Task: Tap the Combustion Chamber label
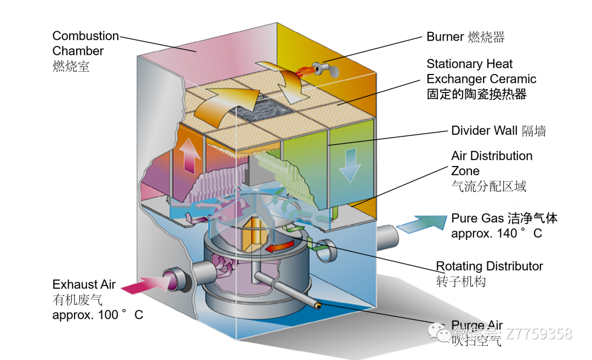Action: (x=85, y=43)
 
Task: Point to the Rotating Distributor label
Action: (x=489, y=266)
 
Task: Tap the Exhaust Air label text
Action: (x=84, y=284)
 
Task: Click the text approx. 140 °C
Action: (x=497, y=233)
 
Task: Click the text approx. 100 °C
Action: (x=98, y=315)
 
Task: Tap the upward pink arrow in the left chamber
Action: (x=191, y=156)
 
